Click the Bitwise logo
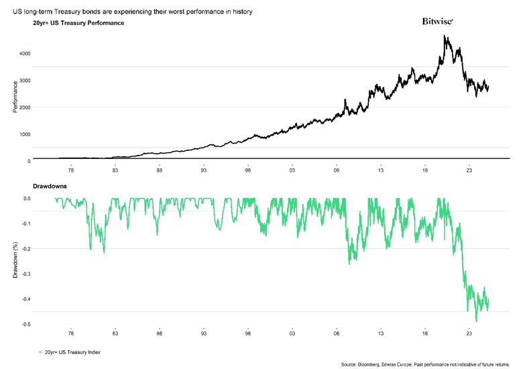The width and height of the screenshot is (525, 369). tap(437, 21)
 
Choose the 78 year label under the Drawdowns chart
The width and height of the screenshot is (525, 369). tap(72, 333)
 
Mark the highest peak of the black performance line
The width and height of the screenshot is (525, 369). tap(446, 36)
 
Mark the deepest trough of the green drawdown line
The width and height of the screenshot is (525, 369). tap(476, 321)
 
